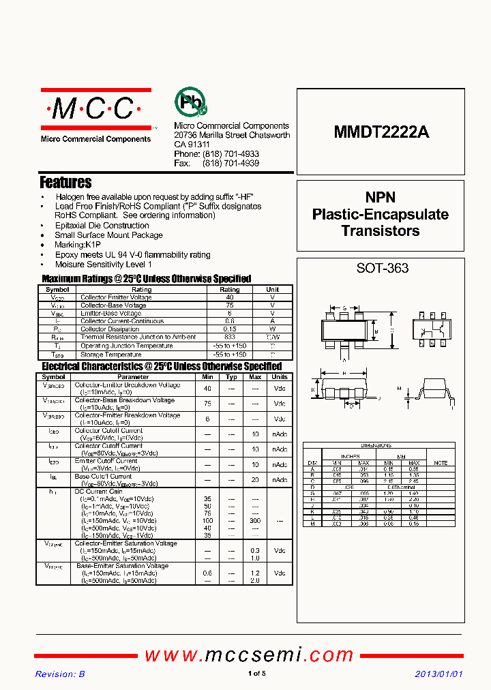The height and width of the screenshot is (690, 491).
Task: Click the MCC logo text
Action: [95, 108]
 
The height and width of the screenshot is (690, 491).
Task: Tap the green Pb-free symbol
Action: [190, 103]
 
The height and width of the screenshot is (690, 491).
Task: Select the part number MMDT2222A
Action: [381, 133]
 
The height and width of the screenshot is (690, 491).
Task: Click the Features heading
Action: [65, 183]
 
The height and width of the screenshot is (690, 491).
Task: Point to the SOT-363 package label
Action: [382, 268]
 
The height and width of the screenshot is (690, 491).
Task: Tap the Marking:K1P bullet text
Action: [78, 245]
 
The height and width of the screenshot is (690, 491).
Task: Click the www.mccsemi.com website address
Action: [249, 655]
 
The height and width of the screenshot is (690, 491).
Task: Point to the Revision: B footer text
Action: [60, 674]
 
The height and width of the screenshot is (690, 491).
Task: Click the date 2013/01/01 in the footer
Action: [439, 674]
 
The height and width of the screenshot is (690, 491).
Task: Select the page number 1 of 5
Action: [257, 674]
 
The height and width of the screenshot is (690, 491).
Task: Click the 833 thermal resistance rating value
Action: [229, 337]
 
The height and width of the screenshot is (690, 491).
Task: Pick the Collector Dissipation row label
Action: [110, 329]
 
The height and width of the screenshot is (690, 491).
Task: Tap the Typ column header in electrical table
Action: [231, 377]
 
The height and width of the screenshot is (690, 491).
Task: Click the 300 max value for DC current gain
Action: [254, 520]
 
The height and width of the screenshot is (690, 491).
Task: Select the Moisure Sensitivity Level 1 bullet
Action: [104, 264]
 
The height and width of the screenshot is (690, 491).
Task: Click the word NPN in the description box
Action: [380, 198]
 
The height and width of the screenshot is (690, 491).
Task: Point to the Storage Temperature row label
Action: [107, 353]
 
